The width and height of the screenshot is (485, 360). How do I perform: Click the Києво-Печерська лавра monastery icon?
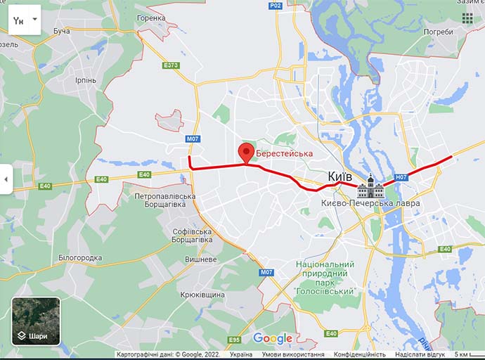coord(370,187)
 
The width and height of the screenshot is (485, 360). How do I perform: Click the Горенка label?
coord(151,18)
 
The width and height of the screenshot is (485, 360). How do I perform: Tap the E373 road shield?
coord(171,65)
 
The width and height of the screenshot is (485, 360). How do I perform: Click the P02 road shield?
coord(276,6)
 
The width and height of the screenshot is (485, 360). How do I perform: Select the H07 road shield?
coord(401,177)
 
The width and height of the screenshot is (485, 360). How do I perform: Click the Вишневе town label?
coord(200,259)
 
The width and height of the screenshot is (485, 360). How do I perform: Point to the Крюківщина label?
coord(202,295)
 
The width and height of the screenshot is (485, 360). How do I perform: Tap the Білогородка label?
coord(79,258)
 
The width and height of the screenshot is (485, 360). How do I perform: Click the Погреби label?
coord(439,32)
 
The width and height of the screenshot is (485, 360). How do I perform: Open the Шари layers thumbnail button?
coord(36,321)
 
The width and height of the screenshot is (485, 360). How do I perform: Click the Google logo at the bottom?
coord(273,338)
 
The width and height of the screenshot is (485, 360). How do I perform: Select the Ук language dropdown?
coord(24,21)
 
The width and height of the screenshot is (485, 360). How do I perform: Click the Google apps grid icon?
coord(467,18)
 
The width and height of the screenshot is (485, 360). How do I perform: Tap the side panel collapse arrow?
coord(6,179)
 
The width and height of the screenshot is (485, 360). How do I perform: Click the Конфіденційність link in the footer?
coord(359,354)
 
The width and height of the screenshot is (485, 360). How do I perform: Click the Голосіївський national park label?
coord(324,277)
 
